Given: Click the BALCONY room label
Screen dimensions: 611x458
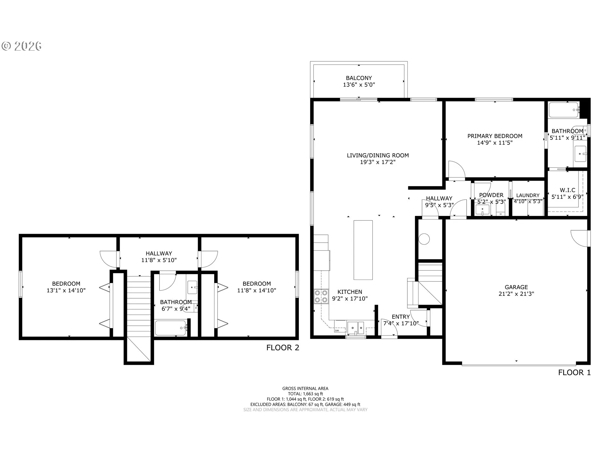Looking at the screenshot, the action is pyautogui.click(x=359, y=78).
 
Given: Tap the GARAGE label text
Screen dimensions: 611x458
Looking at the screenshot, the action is pyautogui.click(x=516, y=287).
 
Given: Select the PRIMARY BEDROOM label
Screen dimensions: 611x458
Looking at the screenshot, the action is pyautogui.click(x=495, y=136).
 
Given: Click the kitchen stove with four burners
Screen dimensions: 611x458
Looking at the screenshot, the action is pyautogui.click(x=321, y=296).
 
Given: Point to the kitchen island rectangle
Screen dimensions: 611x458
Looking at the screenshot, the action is pyautogui.click(x=363, y=250).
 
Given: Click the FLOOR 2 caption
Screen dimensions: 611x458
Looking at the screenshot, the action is pyautogui.click(x=283, y=348).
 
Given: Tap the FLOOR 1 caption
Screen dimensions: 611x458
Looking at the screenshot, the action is pyautogui.click(x=574, y=372).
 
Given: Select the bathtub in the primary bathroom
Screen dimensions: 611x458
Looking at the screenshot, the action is pyautogui.click(x=564, y=110).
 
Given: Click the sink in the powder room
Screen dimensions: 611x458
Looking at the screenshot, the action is pyautogui.click(x=482, y=210).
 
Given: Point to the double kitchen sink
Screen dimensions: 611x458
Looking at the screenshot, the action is pyautogui.click(x=356, y=328).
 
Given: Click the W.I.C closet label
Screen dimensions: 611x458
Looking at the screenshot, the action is pyautogui.click(x=568, y=190).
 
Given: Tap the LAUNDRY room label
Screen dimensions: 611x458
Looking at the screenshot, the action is pyautogui.click(x=528, y=195).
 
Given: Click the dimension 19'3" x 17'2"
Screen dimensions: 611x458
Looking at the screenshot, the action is pyautogui.click(x=378, y=162).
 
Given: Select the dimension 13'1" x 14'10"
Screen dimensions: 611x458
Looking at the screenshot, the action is pyautogui.click(x=66, y=290).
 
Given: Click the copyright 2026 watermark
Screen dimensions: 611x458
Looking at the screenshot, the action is pyautogui.click(x=21, y=46).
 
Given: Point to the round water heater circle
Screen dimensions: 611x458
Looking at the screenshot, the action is pyautogui.click(x=424, y=239).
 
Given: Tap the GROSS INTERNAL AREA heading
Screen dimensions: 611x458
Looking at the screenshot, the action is pyautogui.click(x=305, y=388).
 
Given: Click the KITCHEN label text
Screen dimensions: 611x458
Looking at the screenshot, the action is pyautogui.click(x=350, y=292).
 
